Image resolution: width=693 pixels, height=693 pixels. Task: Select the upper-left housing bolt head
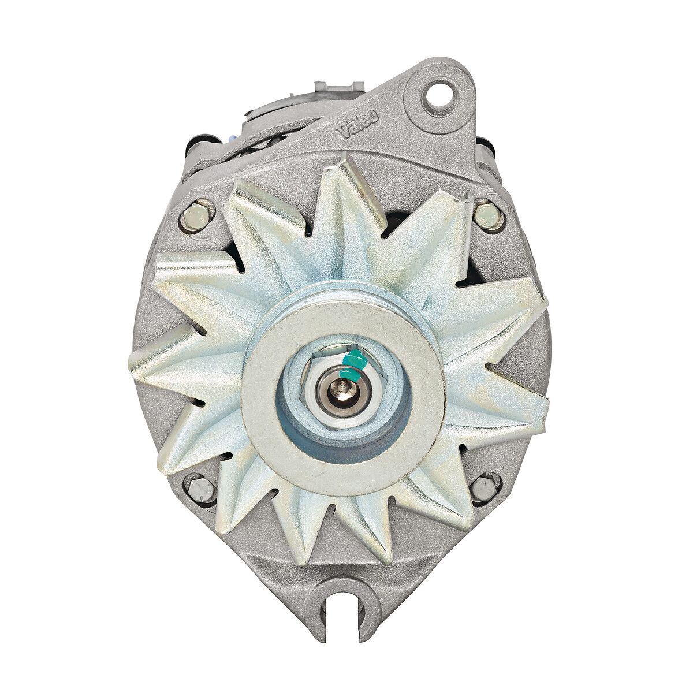tap(198, 217)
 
